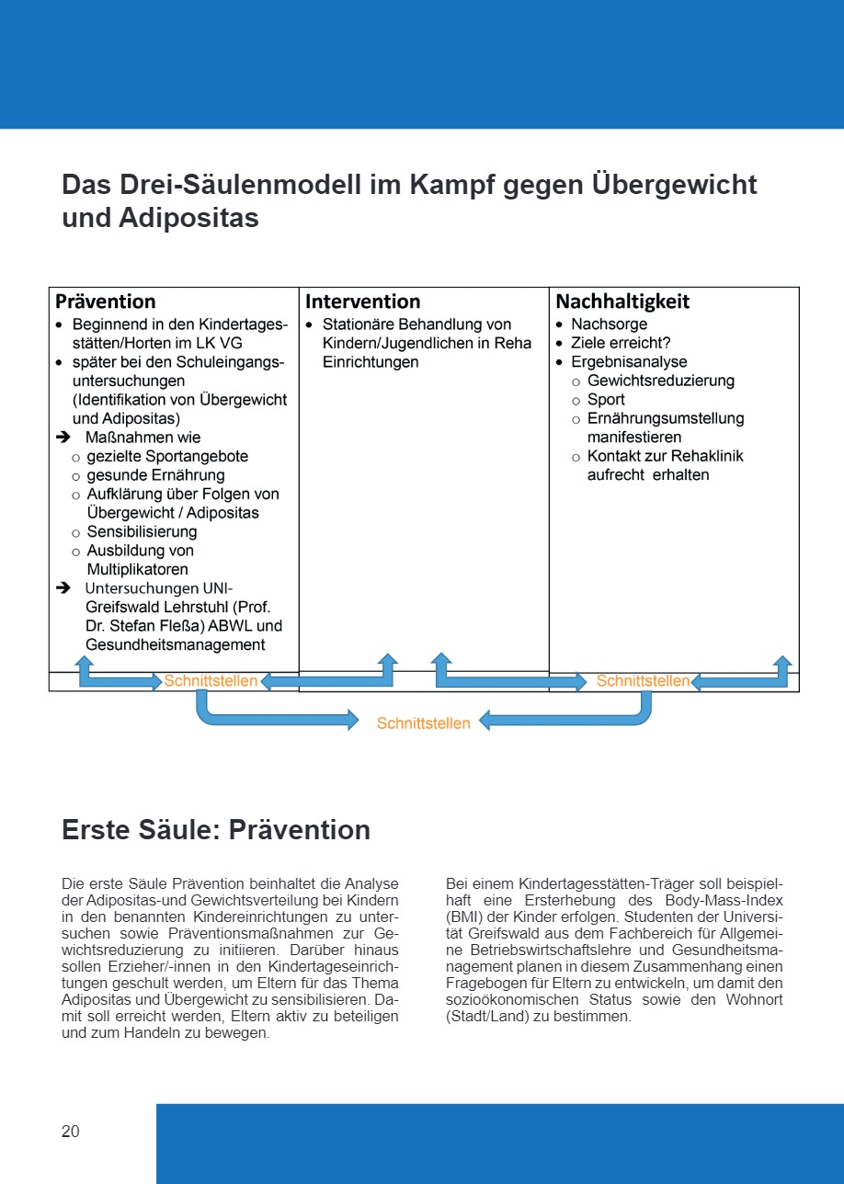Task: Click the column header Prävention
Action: pyautogui.click(x=106, y=302)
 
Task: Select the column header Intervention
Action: pyautogui.click(x=362, y=302)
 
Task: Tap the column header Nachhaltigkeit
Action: pyautogui.click(x=622, y=302)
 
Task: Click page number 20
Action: pyautogui.click(x=71, y=1132)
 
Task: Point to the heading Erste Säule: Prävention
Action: pyautogui.click(x=215, y=830)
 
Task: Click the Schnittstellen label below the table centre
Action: pyautogui.click(x=423, y=723)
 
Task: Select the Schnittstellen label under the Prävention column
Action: pyautogui.click(x=211, y=681)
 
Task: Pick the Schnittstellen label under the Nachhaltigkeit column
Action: pyautogui.click(x=643, y=681)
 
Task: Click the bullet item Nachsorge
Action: pyautogui.click(x=609, y=324)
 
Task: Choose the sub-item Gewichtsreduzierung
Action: pyautogui.click(x=661, y=381)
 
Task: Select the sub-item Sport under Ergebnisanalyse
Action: pyautogui.click(x=606, y=400)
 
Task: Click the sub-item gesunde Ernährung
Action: pyautogui.click(x=155, y=475)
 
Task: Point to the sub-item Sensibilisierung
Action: pyautogui.click(x=142, y=531)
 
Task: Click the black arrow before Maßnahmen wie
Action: pyautogui.click(x=63, y=438)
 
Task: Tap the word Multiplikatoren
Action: pyautogui.click(x=137, y=570)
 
